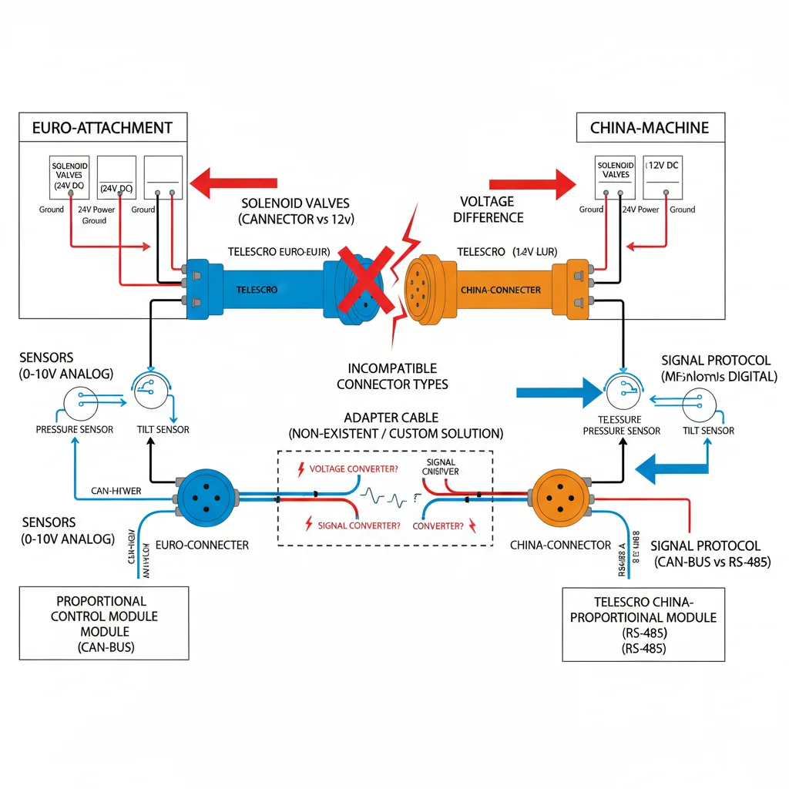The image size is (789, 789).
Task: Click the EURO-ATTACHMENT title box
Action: click(102, 127)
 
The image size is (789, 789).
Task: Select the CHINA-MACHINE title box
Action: click(650, 127)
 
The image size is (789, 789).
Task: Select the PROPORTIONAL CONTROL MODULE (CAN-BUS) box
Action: click(103, 623)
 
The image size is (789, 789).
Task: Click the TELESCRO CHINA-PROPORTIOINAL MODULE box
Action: click(643, 625)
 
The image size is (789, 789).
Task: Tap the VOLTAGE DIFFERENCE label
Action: click(488, 210)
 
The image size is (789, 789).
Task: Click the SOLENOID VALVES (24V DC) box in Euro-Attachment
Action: click(70, 177)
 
